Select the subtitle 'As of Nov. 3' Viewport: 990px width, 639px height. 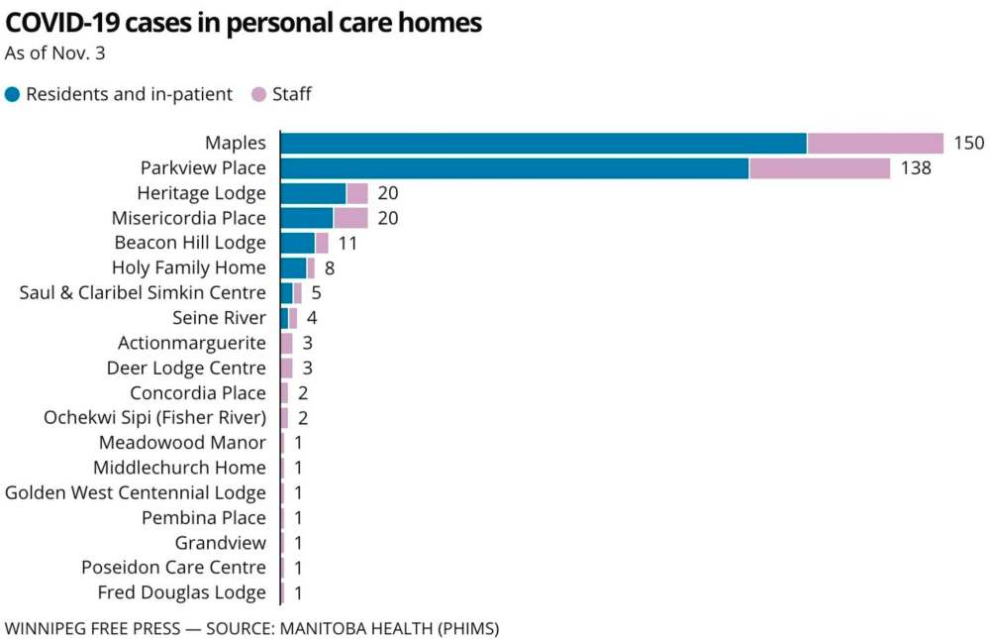(54, 53)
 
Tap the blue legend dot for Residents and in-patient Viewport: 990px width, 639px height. (13, 95)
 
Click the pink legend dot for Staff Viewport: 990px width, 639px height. (259, 95)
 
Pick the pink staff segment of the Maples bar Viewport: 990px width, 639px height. (875, 143)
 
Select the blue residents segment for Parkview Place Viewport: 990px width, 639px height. (515, 168)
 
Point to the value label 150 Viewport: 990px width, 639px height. (968, 143)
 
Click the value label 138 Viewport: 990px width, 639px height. (915, 168)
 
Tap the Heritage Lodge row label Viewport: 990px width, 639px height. (201, 193)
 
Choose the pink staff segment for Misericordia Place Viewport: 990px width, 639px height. (350, 218)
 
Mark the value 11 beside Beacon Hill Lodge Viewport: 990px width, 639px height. (346, 243)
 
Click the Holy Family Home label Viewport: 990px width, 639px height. (188, 267)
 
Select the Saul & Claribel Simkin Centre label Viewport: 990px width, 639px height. (143, 293)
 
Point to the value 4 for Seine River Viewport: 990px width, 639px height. (311, 318)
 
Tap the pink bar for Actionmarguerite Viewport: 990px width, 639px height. (287, 343)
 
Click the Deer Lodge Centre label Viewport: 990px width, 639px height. (186, 368)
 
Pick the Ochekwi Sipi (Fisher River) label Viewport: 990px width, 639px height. (154, 418)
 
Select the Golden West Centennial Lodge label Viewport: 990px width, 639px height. (136, 492)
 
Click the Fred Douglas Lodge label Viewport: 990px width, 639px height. (181, 592)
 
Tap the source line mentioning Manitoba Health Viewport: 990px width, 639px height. (252, 628)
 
